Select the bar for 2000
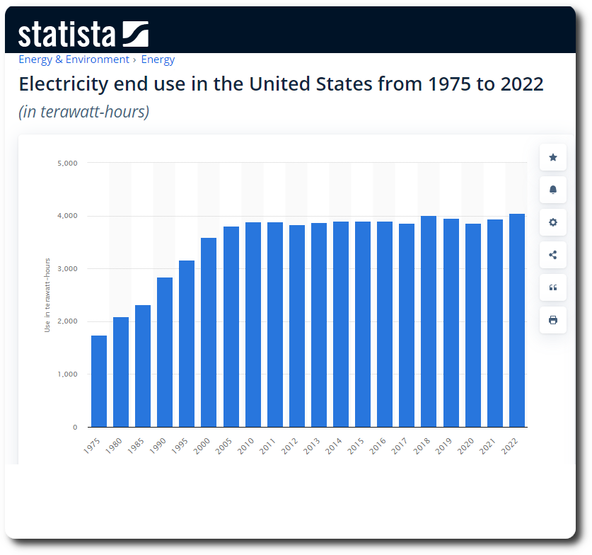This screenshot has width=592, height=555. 209,332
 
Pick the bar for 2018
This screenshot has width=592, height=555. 429,321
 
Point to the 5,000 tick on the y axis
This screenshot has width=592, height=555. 67,163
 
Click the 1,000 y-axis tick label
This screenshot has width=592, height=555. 67,374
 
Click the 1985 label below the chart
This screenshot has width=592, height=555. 138,447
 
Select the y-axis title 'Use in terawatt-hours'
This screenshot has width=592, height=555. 47,295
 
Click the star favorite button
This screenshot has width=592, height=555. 553,157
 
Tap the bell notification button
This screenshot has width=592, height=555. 553,190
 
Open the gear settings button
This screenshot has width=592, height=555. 553,222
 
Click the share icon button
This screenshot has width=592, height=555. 553,255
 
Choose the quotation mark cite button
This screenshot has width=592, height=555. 553,287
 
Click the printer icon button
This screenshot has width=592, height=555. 553,320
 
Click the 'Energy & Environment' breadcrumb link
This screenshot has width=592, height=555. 74,59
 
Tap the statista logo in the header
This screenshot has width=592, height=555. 83,34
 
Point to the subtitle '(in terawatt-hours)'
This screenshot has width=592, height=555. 83,112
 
